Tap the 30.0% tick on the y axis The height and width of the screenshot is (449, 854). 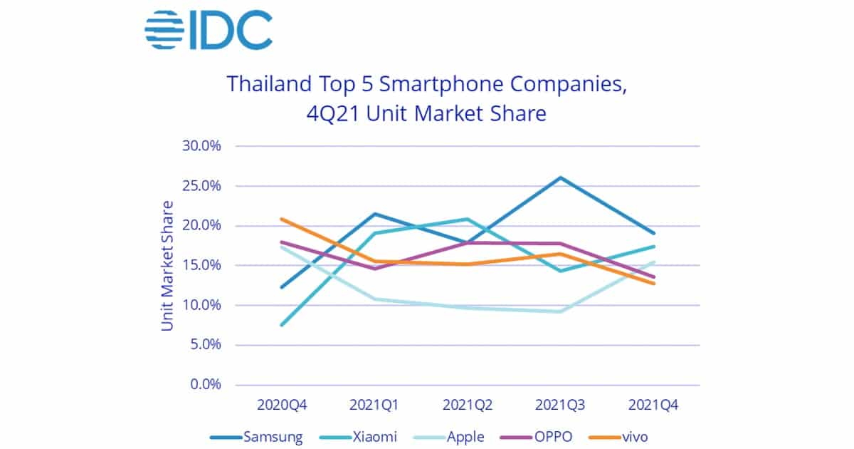tap(202, 146)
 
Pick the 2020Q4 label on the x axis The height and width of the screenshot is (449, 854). tap(283, 406)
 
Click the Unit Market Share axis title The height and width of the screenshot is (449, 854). tap(167, 266)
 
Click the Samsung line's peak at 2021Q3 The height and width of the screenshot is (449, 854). tap(561, 177)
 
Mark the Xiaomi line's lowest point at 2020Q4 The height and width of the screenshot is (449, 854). tap(283, 325)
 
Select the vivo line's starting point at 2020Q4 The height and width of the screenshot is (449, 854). tap(283, 219)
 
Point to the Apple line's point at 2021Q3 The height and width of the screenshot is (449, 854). tap(561, 311)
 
